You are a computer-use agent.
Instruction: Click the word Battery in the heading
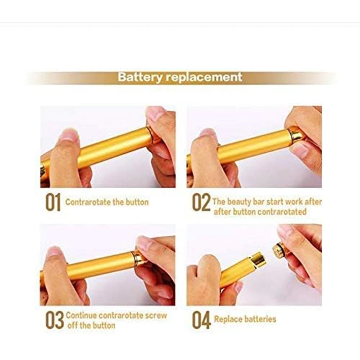point(140,77)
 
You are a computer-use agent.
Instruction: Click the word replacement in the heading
point(204,77)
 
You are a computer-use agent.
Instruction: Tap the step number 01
point(53,202)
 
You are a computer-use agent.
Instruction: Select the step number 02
point(201,202)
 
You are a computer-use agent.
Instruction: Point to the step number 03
point(54,320)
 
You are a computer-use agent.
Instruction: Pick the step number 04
point(201,320)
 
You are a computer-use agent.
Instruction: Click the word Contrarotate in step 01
point(88,202)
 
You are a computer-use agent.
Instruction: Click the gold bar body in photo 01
point(112,147)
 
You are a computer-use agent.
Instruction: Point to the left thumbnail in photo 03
point(54,252)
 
